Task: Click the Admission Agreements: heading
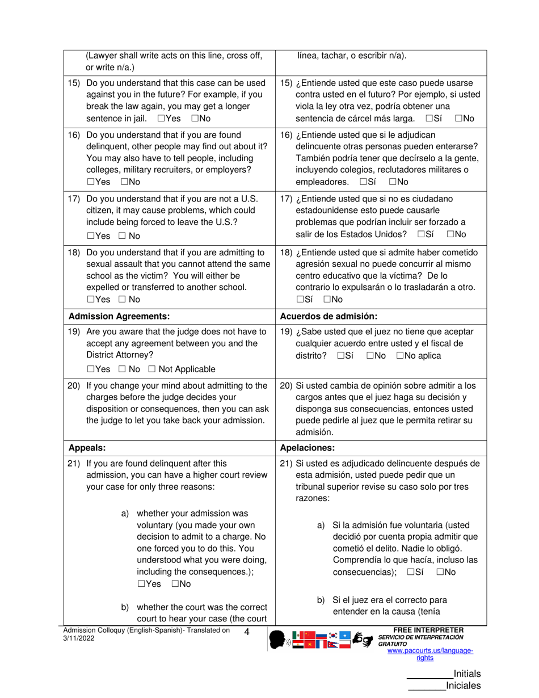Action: pos(119,316)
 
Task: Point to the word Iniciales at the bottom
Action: pos(464,686)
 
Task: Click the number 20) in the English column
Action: pos(74,386)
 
